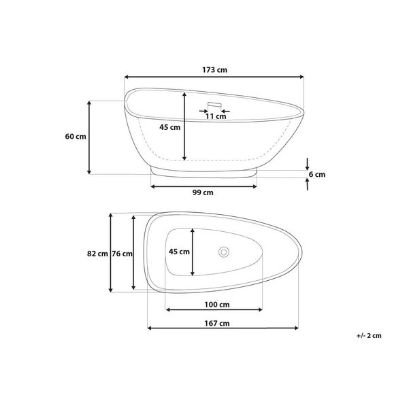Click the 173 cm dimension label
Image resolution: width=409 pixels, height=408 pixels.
point(214,70)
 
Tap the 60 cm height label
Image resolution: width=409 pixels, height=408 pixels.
point(76,137)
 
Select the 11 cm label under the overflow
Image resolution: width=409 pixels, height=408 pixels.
point(216,116)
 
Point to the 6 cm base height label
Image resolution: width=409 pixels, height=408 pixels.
point(317,174)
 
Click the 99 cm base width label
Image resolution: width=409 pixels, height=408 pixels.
point(203,192)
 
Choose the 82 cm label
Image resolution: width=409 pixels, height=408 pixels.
point(97,254)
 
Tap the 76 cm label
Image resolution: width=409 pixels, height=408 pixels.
point(122,254)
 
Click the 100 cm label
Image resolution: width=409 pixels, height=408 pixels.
point(217,305)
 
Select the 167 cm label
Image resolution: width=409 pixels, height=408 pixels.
point(217,323)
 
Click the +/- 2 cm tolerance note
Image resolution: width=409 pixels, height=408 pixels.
point(369,336)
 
